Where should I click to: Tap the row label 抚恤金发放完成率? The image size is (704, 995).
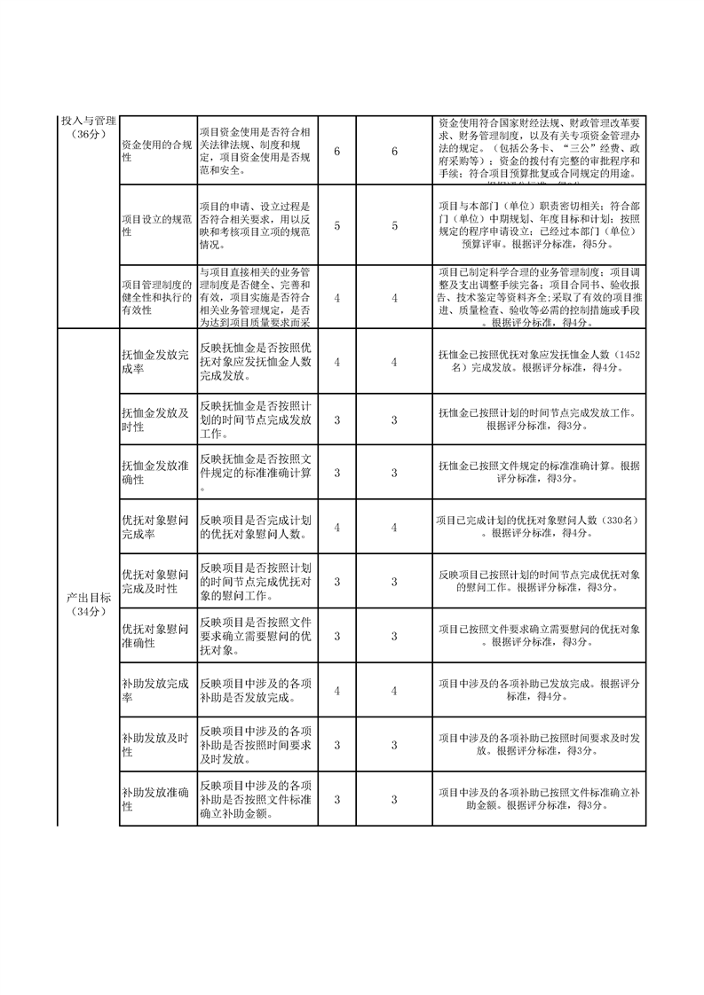coord(155,362)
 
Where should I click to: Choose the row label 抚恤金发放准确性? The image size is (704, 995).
coord(155,474)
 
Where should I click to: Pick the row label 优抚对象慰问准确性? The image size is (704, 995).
coord(155,636)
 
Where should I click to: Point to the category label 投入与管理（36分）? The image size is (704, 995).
coord(87,127)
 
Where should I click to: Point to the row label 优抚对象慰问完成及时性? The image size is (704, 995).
coord(155,582)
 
